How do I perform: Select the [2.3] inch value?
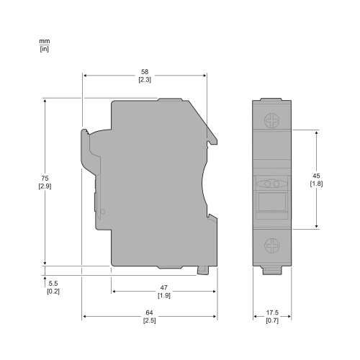145,80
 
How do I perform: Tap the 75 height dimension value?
44,178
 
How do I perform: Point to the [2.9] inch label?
44,186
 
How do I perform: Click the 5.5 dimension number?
53,284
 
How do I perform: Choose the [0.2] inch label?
53,292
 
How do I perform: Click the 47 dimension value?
164,287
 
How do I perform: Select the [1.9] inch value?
164,295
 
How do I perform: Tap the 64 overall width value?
150,312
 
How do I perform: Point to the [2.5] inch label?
150,320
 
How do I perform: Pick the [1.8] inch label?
316,184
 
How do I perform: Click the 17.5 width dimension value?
272,312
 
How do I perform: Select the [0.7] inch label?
272,320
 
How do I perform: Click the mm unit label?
43,42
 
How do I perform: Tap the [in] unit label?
43,49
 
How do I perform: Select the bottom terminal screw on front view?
272,245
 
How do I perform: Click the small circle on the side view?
102,212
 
